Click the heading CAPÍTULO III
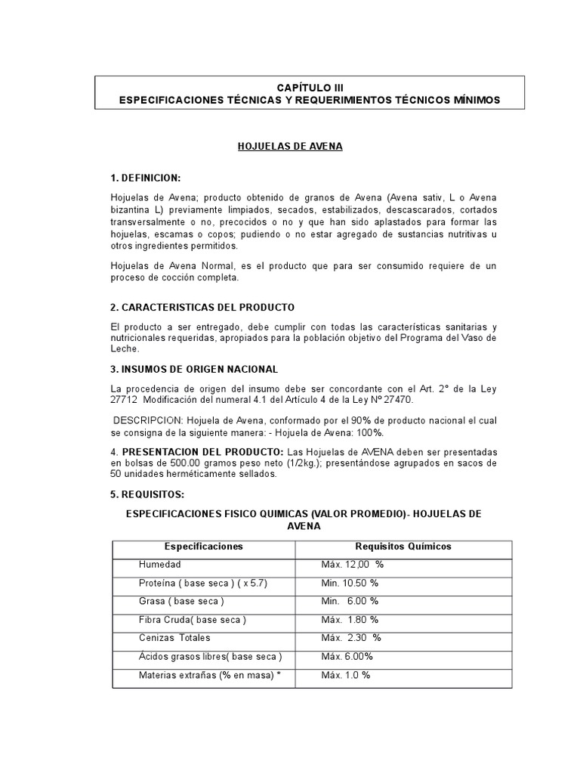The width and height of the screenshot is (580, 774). pos(300,88)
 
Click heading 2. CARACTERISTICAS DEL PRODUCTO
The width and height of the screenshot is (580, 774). pos(202,308)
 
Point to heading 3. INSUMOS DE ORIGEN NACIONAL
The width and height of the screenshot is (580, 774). pos(194,369)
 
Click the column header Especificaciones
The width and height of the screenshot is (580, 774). pos(204,546)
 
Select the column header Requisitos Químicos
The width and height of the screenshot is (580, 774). pos(403,546)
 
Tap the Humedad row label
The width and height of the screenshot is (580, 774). pos(160,565)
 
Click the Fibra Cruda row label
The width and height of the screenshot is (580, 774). pos(193,620)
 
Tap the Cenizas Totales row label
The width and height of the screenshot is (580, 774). pos(175,638)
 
